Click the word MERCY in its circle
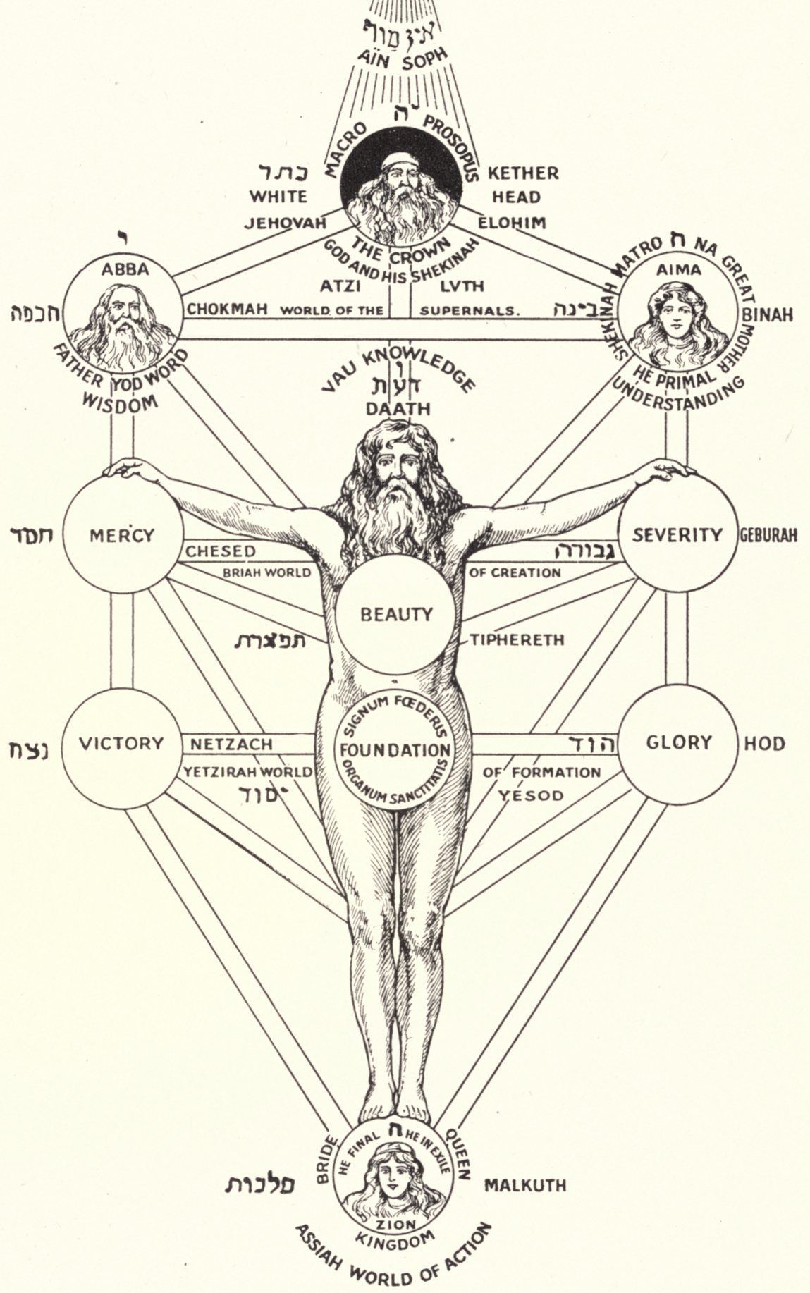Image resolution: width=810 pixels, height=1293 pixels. point(121,536)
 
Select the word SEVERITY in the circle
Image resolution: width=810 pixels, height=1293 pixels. point(677,535)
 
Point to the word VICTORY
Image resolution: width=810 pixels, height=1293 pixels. point(121,743)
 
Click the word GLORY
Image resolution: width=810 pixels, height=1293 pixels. point(678,742)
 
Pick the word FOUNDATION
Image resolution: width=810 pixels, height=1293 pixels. point(394,751)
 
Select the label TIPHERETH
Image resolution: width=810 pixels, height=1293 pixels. point(517,639)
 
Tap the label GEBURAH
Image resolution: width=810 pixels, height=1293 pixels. point(768,535)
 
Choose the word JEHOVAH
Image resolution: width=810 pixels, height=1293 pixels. point(286,223)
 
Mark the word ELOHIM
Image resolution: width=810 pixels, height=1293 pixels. point(512,223)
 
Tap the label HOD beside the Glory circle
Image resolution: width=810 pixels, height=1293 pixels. point(764,744)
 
